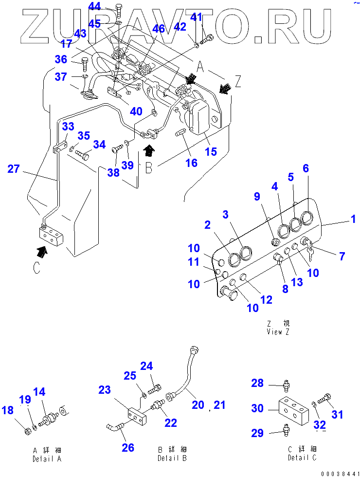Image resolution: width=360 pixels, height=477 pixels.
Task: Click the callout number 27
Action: (14, 169)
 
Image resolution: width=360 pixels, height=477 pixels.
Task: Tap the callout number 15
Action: (211, 151)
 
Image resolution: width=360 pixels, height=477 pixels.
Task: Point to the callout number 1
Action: (353, 219)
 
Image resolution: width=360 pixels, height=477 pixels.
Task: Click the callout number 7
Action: (342, 257)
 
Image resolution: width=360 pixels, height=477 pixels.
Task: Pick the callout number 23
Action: (105, 390)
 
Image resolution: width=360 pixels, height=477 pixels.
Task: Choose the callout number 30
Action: (257, 408)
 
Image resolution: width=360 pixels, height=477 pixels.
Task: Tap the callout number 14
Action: (39, 392)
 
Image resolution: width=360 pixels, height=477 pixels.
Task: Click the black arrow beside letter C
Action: (42, 252)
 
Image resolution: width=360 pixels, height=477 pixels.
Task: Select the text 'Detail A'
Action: (47, 459)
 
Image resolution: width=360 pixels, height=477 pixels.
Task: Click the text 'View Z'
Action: (278, 332)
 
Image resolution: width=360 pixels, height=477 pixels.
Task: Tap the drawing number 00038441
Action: (340, 474)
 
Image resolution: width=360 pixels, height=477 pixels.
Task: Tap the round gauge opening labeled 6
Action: (306, 218)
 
